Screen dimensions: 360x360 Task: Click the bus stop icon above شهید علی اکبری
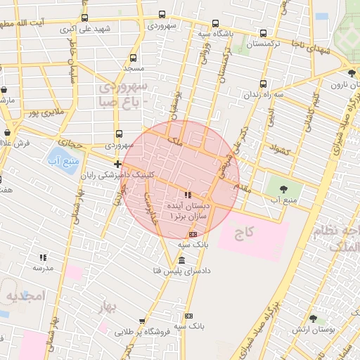click(x=85, y=18)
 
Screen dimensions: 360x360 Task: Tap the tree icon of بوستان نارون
click(x=352, y=72)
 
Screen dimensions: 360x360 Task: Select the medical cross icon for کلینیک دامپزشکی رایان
click(x=118, y=165)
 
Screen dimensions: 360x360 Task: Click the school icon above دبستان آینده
click(x=187, y=194)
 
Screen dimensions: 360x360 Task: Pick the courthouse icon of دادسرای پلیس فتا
click(x=183, y=261)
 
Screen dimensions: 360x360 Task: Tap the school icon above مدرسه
click(x=43, y=258)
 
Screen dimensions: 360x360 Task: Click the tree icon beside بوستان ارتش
click(x=313, y=319)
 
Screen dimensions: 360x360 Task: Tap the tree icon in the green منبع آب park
click(x=283, y=188)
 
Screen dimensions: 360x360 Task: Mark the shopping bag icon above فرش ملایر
click(x=9, y=131)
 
